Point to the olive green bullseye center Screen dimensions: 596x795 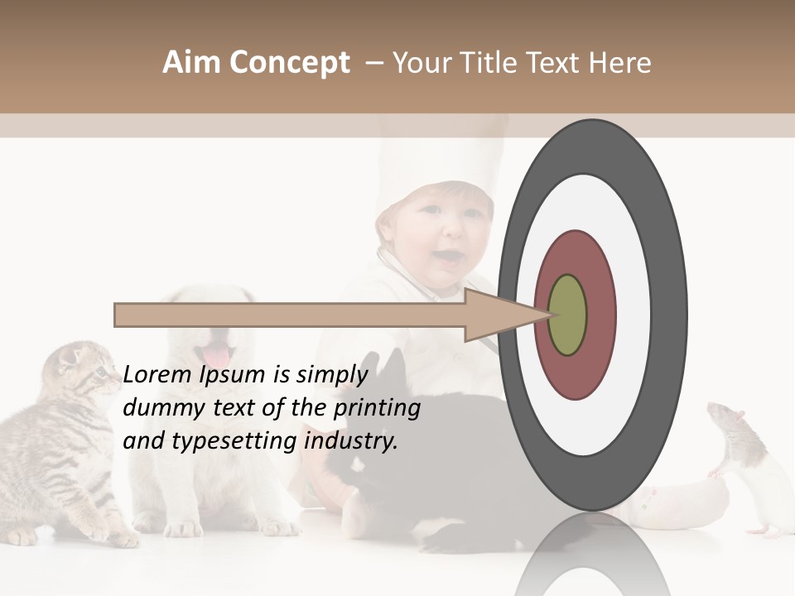coord(567,315)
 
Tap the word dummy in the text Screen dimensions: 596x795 coord(159,408)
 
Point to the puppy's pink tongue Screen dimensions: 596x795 coord(218,357)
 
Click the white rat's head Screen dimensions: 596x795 coord(730,421)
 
